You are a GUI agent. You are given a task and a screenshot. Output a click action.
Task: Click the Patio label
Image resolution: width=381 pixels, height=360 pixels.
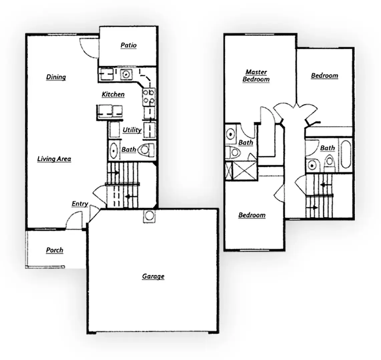click(128, 45)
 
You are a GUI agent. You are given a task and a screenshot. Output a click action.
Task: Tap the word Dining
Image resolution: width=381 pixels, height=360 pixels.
click(56, 77)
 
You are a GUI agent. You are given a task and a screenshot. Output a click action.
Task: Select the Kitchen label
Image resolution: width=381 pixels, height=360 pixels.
click(113, 95)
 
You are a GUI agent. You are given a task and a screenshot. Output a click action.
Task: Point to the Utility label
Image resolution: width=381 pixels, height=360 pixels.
click(132, 130)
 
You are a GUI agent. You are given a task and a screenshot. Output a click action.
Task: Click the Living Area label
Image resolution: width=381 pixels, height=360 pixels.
click(54, 159)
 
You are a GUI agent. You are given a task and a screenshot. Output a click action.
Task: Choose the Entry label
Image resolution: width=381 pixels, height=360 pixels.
click(80, 204)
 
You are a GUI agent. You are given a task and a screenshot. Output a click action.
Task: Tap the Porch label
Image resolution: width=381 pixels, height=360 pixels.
click(54, 250)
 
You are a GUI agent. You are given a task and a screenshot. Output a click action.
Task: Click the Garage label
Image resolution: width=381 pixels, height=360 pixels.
click(153, 276)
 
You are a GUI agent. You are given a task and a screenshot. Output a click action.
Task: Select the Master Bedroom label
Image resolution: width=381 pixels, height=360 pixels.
click(256, 76)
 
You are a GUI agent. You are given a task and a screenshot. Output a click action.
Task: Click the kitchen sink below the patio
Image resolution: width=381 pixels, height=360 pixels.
click(126, 74)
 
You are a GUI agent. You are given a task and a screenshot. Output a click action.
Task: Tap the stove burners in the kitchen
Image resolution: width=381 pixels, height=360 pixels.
click(149, 96)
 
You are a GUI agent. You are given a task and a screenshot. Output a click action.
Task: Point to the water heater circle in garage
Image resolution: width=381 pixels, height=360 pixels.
click(149, 216)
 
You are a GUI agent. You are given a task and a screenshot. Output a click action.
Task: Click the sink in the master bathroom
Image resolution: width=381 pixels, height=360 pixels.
click(231, 134)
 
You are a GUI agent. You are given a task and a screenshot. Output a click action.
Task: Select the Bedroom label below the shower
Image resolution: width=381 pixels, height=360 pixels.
click(252, 215)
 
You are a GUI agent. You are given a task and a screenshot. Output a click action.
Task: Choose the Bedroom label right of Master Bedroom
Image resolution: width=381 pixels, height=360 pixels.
click(324, 76)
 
